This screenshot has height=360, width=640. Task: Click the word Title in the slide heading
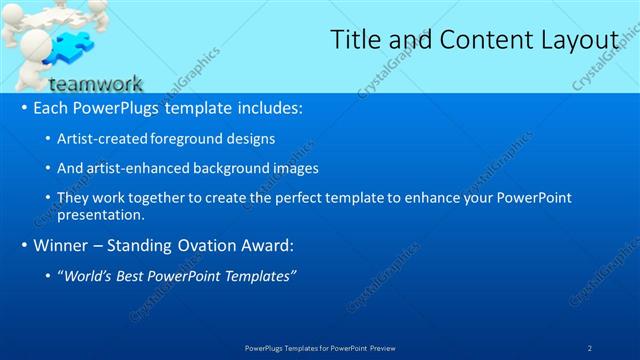tap(355, 40)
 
